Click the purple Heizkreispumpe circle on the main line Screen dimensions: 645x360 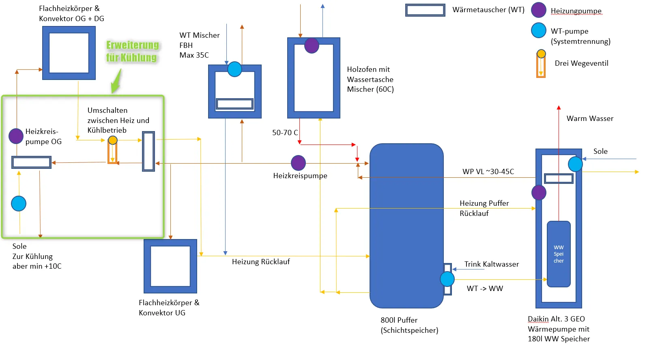pyautogui.click(x=298, y=163)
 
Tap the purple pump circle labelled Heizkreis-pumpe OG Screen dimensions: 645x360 pyautogui.click(x=16, y=136)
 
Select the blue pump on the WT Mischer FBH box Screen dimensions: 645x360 pyautogui.click(x=235, y=69)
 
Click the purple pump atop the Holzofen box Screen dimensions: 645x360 pyautogui.click(x=312, y=45)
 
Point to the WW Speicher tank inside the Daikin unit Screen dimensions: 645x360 pyautogui.click(x=559, y=254)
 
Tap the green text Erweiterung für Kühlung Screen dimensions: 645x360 pyautogui.click(x=133, y=51)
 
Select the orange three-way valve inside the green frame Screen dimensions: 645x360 pyautogui.click(x=113, y=150)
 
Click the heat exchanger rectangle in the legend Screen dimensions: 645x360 pyautogui.click(x=425, y=10)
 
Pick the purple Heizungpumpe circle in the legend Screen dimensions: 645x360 pyautogui.click(x=539, y=10)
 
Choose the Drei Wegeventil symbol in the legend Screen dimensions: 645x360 pyautogui.click(x=541, y=64)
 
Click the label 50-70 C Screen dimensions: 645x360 pyautogui.click(x=285, y=133)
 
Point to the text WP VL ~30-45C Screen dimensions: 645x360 pyautogui.click(x=488, y=172)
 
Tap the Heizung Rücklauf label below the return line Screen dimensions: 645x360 pyautogui.click(x=261, y=262)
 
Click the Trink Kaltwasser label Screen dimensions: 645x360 pyautogui.click(x=492, y=264)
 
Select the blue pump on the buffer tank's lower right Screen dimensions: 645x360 pyautogui.click(x=447, y=279)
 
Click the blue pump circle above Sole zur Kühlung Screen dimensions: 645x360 pyautogui.click(x=19, y=204)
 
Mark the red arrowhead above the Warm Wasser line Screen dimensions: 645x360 pyautogui.click(x=559, y=108)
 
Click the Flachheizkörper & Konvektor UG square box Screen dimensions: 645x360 pyautogui.click(x=170, y=266)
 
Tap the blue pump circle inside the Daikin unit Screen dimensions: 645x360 pyautogui.click(x=575, y=164)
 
